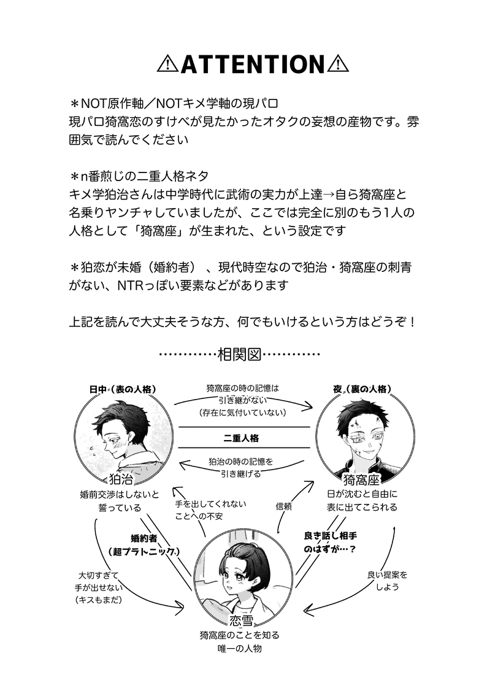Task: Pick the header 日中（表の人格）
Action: click(x=122, y=389)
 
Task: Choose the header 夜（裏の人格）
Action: click(x=362, y=389)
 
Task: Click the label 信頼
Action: click(x=283, y=507)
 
